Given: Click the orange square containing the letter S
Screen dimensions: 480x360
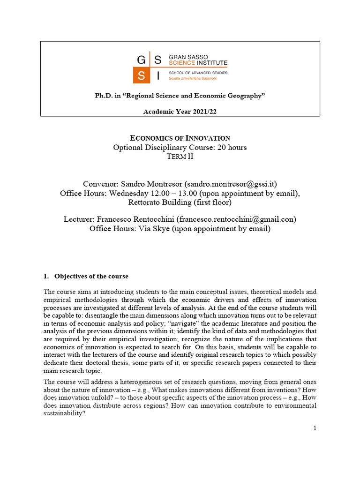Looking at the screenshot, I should coord(141,75).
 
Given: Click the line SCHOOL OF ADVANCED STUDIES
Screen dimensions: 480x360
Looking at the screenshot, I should coord(198,73).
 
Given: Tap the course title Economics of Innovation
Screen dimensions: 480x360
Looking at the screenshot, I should coord(180,138).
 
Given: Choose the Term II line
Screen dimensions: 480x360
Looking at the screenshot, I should coord(180,157).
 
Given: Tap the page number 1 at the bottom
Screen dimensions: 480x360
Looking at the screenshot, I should coord(315,427).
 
